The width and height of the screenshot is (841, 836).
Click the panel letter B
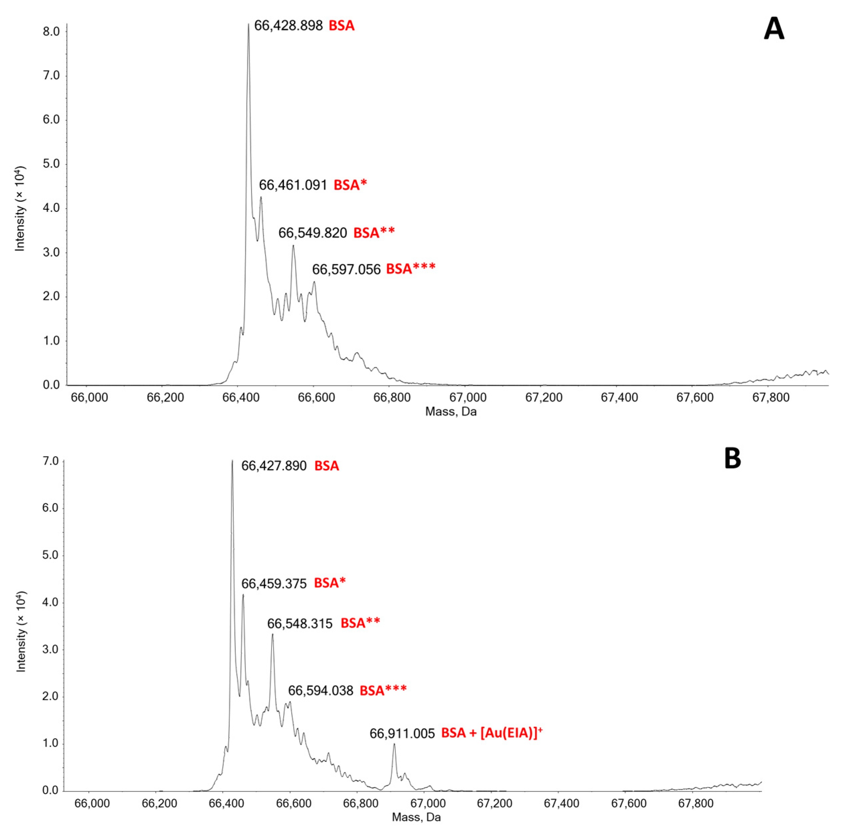coord(733,459)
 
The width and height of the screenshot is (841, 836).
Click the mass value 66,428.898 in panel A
coord(288,26)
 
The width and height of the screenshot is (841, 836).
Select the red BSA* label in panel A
coord(350,185)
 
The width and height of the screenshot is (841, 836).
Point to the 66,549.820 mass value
coord(313,233)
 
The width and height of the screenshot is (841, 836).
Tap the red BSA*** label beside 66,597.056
coord(411,269)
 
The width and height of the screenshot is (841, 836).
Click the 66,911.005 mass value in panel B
coord(402,733)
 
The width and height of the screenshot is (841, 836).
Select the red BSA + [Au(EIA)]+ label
coord(492,733)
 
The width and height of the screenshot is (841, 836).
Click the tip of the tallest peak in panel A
coord(249,24)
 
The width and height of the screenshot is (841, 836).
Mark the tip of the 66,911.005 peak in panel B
coord(394,744)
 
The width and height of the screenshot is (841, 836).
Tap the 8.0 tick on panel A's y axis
coord(51,32)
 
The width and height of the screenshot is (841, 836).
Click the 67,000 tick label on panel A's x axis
coord(469,397)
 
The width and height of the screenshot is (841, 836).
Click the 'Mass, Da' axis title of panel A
coord(450,411)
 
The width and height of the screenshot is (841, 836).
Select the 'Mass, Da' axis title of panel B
coord(416,817)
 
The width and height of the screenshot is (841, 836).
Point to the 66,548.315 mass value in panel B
coord(300,624)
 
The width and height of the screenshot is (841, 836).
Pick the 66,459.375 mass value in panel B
coord(274,583)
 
